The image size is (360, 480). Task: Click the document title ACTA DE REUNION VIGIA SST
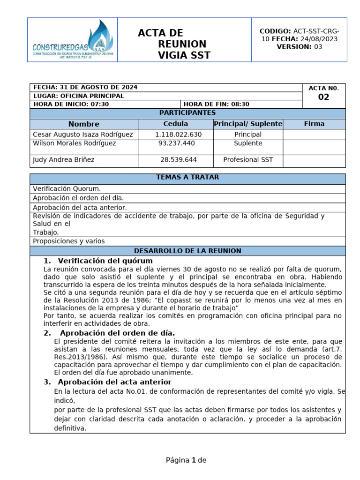(x=174, y=45)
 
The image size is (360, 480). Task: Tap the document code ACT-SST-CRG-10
(x=300, y=35)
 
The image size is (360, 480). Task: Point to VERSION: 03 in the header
(x=300, y=47)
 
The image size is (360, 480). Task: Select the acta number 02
(x=323, y=97)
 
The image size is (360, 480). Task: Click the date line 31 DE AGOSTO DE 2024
(x=85, y=88)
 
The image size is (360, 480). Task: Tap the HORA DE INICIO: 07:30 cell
(x=71, y=104)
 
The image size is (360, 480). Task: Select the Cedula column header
(x=175, y=124)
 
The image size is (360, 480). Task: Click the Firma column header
(x=314, y=124)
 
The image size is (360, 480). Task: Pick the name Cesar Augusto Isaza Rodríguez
(x=82, y=135)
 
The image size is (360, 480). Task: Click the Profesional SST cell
(x=248, y=160)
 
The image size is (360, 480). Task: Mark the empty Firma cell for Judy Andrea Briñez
(x=314, y=160)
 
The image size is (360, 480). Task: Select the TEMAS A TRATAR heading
(x=187, y=177)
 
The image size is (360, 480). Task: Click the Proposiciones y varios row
(x=69, y=241)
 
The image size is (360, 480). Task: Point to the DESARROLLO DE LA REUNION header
(x=187, y=251)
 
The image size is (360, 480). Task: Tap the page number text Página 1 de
(x=186, y=460)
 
